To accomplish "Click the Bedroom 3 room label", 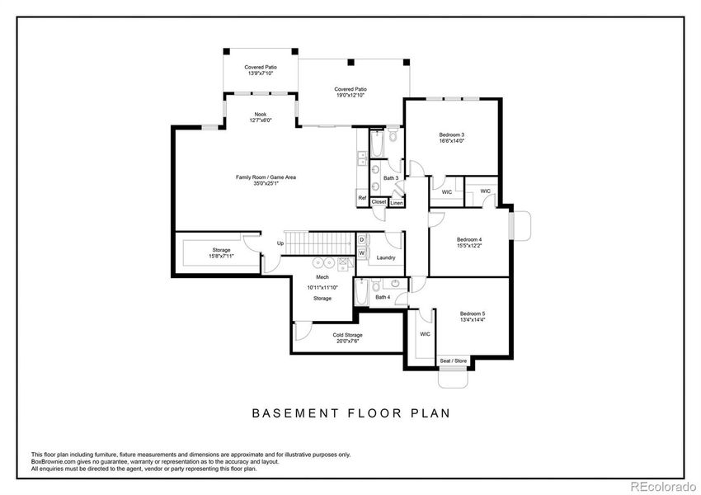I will pyautogui.click(x=451, y=134).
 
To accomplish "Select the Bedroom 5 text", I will pyautogui.click(x=472, y=313).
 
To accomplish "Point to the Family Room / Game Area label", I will pyautogui.click(x=266, y=177).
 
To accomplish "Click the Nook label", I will pyautogui.click(x=261, y=114).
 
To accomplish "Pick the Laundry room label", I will pyautogui.click(x=386, y=258).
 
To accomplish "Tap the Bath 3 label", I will pyautogui.click(x=391, y=178).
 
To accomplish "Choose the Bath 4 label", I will pyautogui.click(x=382, y=297).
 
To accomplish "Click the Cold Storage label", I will pyautogui.click(x=347, y=335).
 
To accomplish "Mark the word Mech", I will pyautogui.click(x=322, y=277).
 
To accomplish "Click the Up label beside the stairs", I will pyautogui.click(x=280, y=243).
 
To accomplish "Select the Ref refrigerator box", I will pyautogui.click(x=361, y=198).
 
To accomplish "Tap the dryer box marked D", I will pyautogui.click(x=361, y=239).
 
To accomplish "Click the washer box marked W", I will pyautogui.click(x=361, y=252).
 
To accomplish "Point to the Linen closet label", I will pyautogui.click(x=398, y=202).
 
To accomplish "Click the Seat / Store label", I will pyautogui.click(x=453, y=361).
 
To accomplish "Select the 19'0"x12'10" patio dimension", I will pyautogui.click(x=350, y=96).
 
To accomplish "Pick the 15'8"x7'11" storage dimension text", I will pyautogui.click(x=220, y=256).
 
